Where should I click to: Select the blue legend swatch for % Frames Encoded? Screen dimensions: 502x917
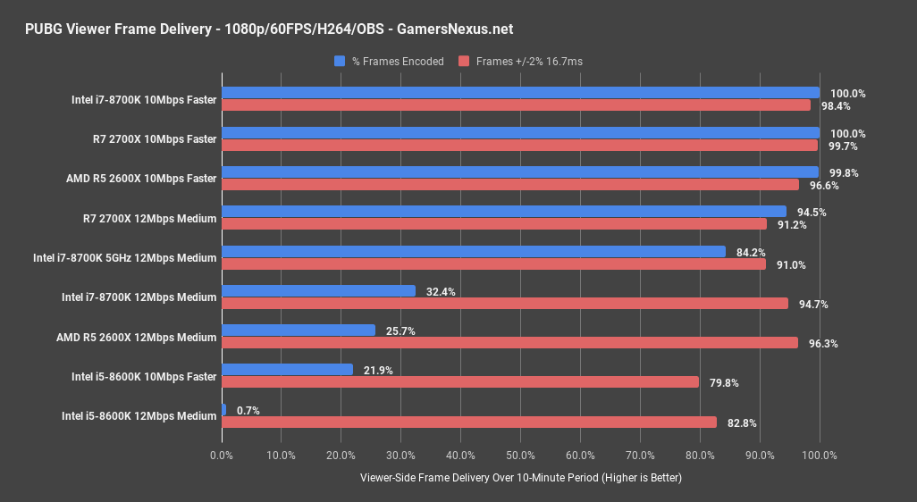click(340, 62)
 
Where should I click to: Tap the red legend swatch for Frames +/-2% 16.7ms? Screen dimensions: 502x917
click(464, 62)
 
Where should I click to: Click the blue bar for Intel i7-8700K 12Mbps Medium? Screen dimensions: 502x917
click(318, 291)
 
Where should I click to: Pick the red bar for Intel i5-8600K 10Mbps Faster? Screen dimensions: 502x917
click(459, 382)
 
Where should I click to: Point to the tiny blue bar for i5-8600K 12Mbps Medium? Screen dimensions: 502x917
click(223, 410)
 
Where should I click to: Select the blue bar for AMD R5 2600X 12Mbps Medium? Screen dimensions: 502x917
click(299, 330)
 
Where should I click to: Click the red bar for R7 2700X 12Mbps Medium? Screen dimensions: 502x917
click(493, 224)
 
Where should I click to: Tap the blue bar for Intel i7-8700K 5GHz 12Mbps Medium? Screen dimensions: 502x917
click(473, 252)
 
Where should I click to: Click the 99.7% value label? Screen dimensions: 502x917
click(836, 146)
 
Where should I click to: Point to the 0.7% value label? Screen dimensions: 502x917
click(248, 410)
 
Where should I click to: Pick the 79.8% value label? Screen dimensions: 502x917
click(725, 383)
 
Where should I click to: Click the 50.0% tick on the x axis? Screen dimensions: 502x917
click(520, 456)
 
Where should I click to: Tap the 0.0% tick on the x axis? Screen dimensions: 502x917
click(222, 456)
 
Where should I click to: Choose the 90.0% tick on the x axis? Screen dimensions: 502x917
click(760, 456)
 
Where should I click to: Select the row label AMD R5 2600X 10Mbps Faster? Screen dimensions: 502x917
click(141, 179)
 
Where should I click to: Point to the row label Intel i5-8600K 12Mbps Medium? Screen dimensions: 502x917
click(139, 416)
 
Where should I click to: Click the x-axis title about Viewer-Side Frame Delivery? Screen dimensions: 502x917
click(520, 478)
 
